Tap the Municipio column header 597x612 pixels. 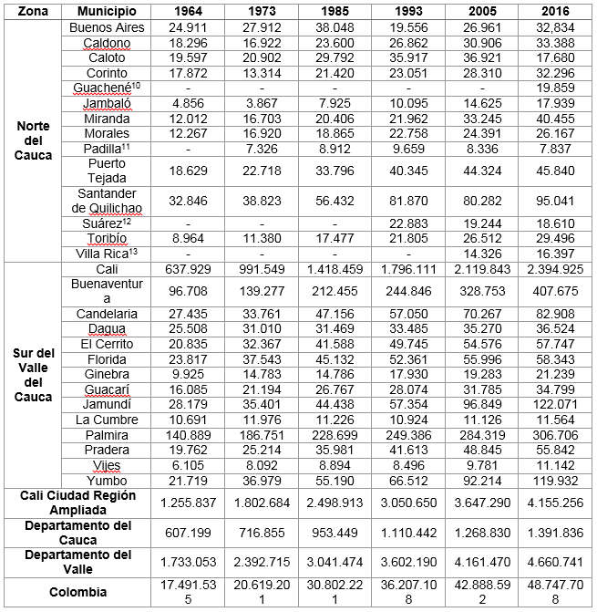(x=107, y=13)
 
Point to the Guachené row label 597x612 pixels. (x=106, y=88)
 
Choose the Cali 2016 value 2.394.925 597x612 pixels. (x=555, y=270)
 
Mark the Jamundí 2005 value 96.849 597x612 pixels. (x=482, y=404)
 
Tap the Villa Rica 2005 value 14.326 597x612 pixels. (x=482, y=254)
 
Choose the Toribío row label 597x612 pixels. (x=107, y=240)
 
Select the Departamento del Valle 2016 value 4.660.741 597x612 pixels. (x=555, y=562)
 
